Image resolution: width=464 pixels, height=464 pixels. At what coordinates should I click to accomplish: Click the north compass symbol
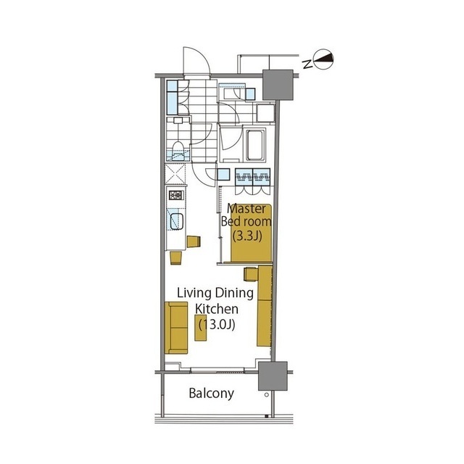coord(323,59)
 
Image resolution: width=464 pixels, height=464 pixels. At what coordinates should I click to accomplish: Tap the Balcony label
coord(211,394)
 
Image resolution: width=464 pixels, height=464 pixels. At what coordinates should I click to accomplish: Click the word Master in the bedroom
coord(246,209)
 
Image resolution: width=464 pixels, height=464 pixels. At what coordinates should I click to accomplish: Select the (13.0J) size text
coord(217,325)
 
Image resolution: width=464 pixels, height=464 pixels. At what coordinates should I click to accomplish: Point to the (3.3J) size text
coord(247,236)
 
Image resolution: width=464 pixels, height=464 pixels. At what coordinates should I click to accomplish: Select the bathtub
coord(254,145)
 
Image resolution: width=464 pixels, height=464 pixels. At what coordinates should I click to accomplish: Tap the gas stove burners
coord(176,195)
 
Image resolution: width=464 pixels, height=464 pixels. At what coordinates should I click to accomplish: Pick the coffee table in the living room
coord(201,327)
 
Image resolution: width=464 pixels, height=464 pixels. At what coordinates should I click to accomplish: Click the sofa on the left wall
coord(176,328)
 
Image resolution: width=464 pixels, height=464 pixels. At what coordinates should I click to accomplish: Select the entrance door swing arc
coord(196,61)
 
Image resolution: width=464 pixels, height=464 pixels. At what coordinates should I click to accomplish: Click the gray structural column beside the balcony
coord(273,376)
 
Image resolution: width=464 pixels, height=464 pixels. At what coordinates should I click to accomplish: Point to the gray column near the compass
coord(278,85)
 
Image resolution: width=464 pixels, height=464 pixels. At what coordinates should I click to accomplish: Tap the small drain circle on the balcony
coord(267,394)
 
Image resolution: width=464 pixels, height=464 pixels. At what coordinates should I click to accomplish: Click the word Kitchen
coord(217,309)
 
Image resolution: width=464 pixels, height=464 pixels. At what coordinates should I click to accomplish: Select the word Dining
coord(234,294)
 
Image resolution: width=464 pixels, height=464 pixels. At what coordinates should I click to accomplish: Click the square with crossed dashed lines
coord(175,174)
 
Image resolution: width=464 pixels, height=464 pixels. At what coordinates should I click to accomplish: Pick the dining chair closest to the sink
coord(194,241)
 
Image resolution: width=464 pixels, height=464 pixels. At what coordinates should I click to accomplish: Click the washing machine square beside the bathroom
coord(266,113)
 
